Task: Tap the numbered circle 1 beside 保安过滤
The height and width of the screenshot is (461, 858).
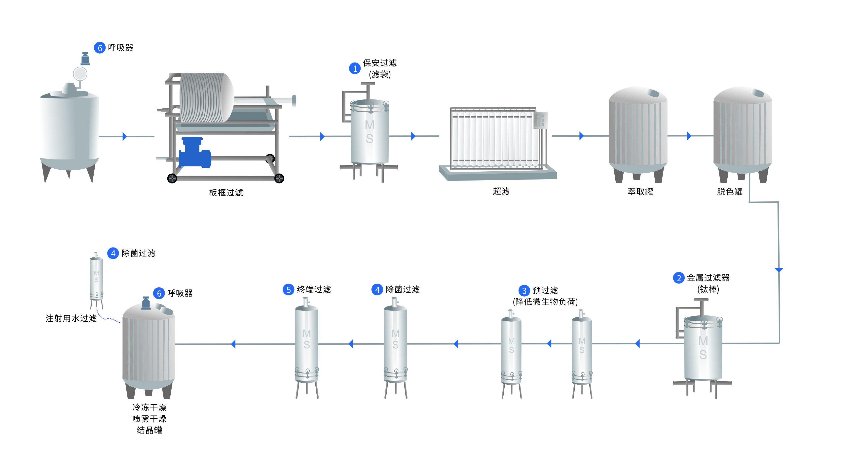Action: pyautogui.click(x=354, y=68)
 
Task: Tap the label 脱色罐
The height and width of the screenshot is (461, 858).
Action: pyautogui.click(x=729, y=192)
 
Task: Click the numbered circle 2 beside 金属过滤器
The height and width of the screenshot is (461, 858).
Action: pyautogui.click(x=678, y=278)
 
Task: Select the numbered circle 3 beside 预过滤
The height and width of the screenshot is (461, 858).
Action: pyautogui.click(x=524, y=291)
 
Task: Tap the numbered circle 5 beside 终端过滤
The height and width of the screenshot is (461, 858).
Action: pyautogui.click(x=289, y=290)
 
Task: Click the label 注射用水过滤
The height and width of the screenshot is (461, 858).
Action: pyautogui.click(x=71, y=318)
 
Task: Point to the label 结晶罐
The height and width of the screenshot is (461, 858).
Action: pyautogui.click(x=149, y=430)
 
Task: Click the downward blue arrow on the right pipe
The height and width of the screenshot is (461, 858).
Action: pyautogui.click(x=779, y=270)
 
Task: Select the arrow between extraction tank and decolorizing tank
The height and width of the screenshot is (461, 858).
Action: pyautogui.click(x=689, y=136)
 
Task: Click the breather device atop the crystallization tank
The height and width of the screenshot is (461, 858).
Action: pyautogui.click(x=146, y=303)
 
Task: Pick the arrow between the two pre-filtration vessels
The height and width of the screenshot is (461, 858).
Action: pyautogui.click(x=549, y=344)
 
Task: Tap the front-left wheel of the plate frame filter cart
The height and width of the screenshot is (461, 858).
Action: pyautogui.click(x=172, y=179)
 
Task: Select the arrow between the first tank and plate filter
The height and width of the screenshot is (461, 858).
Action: pyautogui.click(x=125, y=136)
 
